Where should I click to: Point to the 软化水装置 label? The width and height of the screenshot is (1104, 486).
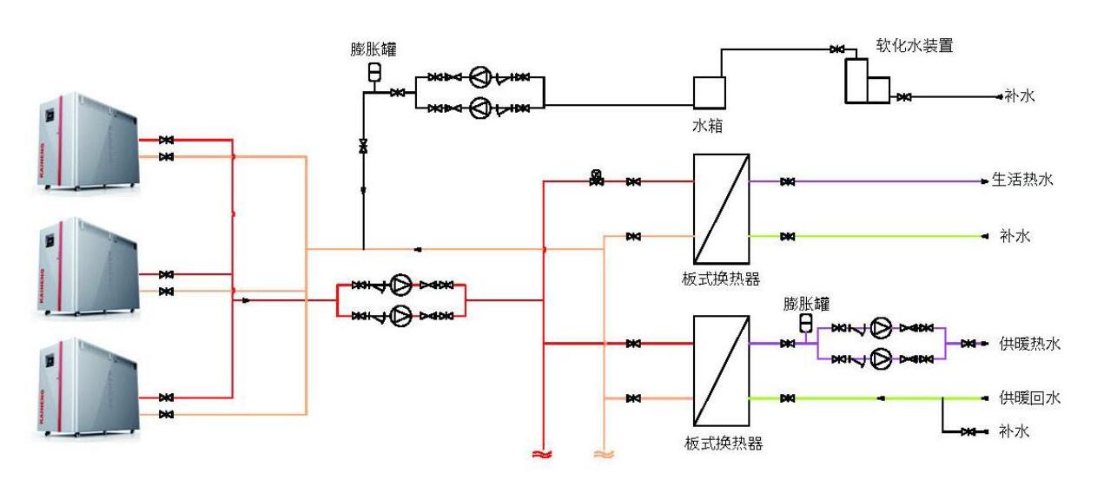pyautogui.click(x=914, y=46)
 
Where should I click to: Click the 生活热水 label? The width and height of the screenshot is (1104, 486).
pyautogui.click(x=1022, y=181)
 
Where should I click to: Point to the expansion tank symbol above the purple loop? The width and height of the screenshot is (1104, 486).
pyautogui.click(x=804, y=323)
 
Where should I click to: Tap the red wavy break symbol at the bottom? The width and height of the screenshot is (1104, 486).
pyautogui.click(x=543, y=453)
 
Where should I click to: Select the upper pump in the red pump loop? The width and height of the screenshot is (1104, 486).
pyautogui.click(x=400, y=285)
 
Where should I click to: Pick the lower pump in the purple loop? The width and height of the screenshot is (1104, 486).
pyautogui.click(x=881, y=358)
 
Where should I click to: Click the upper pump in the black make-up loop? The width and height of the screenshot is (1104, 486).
pyautogui.click(x=480, y=78)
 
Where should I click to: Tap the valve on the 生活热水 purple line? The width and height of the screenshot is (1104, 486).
pyautogui.click(x=787, y=182)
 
